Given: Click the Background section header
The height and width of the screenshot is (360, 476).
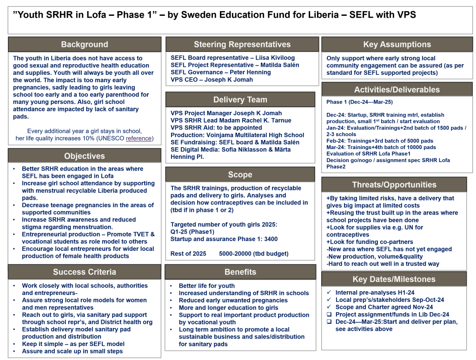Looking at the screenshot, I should click(85, 45).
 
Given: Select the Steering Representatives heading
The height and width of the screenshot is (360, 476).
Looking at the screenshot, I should click(242, 45).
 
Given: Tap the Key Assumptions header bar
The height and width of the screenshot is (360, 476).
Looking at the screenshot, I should click(397, 45).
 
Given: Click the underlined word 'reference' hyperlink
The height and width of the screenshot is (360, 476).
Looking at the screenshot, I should click(139, 138).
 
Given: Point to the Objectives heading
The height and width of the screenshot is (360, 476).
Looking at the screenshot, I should click(85, 156).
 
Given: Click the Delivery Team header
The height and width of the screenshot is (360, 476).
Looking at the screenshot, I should click(240, 99).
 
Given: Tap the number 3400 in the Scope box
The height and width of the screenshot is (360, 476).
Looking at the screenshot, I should click(270, 239).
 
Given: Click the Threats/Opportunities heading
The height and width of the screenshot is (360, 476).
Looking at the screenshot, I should click(394, 184).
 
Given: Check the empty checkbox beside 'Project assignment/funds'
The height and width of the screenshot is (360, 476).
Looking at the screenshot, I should click(329, 314).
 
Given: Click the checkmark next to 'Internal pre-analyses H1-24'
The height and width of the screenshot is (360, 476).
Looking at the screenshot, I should click(329, 293).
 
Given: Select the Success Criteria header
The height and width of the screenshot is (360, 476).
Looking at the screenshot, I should click(85, 272).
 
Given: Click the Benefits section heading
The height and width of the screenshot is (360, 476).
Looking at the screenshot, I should click(240, 272).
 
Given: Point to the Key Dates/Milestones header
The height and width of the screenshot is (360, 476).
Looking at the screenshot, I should click(394, 279).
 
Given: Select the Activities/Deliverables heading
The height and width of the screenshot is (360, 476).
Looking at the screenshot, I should click(397, 90).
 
